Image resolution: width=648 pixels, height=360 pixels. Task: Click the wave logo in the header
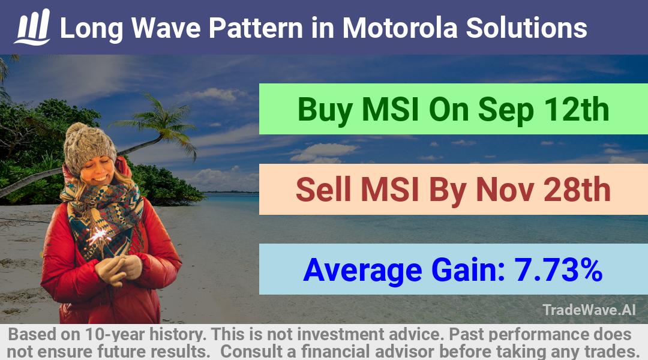point(32,27)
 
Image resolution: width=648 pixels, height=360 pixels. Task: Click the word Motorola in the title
point(400,28)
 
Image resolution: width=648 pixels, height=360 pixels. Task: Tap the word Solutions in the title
point(527,28)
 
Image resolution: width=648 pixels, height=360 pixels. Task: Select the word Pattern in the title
point(256,28)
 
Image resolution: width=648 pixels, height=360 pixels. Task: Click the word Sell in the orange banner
point(323,190)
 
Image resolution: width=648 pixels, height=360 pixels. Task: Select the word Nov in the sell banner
point(504,190)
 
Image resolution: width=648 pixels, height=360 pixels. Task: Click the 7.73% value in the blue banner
point(558,270)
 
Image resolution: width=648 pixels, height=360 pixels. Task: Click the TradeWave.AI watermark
point(589,310)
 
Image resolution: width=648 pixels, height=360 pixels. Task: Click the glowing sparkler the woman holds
point(98,236)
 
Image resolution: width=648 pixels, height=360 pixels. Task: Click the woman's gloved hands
point(118,269)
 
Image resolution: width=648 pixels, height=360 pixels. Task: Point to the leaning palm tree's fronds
point(161,122)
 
